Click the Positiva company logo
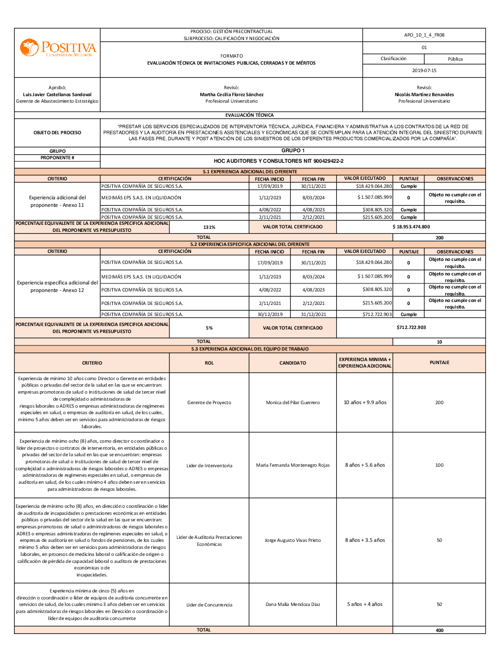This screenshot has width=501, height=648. click(58, 49)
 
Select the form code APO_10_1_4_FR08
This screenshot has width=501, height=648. click(424, 35)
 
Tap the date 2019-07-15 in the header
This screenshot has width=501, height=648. click(424, 71)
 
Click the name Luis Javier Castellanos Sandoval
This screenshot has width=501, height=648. click(57, 95)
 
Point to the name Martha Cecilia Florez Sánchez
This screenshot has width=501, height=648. click(231, 95)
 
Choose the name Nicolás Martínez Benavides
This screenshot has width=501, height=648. click(424, 95)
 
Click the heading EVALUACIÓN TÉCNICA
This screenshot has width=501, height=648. click(249, 115)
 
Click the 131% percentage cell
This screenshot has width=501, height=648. click(209, 227)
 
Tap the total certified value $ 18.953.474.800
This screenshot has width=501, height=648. click(411, 227)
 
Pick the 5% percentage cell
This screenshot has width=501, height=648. click(209, 328)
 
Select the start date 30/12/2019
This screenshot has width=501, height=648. click(270, 314)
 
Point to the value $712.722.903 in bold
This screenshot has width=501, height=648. click(411, 328)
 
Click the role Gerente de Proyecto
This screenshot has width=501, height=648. click(209, 403)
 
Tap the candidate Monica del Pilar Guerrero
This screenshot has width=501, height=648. click(293, 403)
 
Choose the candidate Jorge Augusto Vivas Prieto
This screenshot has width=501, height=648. click(293, 540)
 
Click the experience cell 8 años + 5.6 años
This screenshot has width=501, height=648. click(365, 465)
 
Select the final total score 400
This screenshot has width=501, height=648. click(439, 630)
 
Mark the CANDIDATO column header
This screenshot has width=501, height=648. click(293, 363)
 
